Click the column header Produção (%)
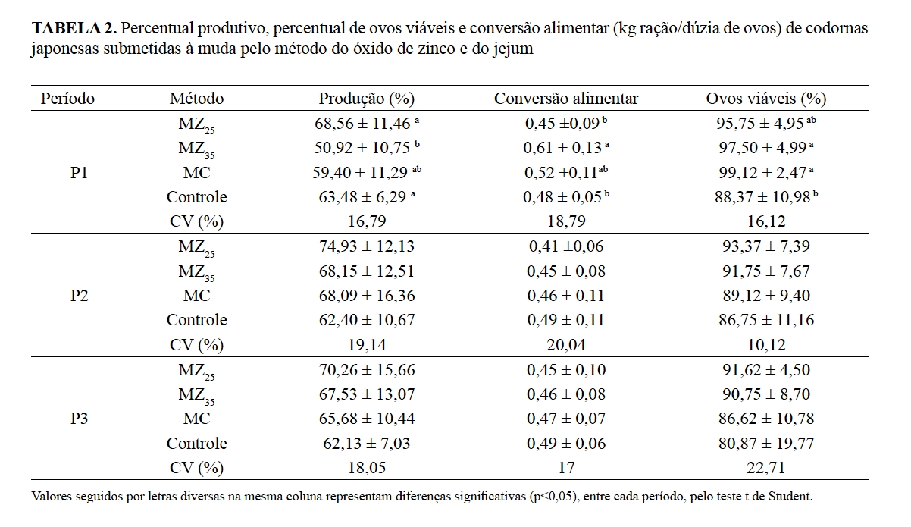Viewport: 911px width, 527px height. [x=366, y=99]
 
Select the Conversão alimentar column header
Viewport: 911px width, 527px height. [x=566, y=99]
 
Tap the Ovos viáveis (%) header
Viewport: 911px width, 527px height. [x=766, y=99]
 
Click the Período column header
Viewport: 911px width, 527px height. [x=67, y=99]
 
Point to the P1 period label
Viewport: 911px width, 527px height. [x=79, y=173]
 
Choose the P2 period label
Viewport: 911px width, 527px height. [x=79, y=296]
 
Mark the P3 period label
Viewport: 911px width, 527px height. [x=79, y=419]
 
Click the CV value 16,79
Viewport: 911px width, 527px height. [x=366, y=221]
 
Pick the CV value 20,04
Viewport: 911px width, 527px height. [x=566, y=345]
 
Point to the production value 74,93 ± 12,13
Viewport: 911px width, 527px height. [x=366, y=246]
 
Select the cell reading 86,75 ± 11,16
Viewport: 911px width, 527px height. [x=766, y=320]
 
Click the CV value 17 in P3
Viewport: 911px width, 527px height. [x=566, y=468]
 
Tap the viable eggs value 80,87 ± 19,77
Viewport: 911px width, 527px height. [x=766, y=443]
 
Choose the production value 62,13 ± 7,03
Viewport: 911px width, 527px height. [x=366, y=443]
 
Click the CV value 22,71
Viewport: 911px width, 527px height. [x=766, y=468]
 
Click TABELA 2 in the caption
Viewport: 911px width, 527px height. [x=74, y=30]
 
